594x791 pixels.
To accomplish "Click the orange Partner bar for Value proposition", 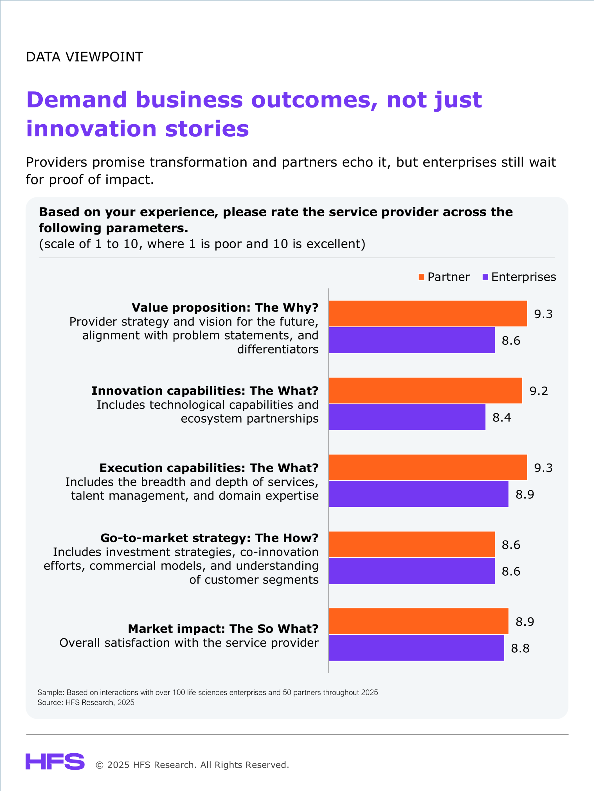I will pos(428,314).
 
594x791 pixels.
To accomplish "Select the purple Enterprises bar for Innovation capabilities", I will pos(407,417).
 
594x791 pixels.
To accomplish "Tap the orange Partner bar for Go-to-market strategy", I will pos(412,544).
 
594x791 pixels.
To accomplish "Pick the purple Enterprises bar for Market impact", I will pos(416,648).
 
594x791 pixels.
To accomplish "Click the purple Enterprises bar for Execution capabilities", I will pos(419,494).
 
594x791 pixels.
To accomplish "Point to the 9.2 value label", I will pos(539,391).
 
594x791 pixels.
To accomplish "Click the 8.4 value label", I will pos(501,417).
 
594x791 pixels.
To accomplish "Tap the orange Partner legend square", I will pos(421,277).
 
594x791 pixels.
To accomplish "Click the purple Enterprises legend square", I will pos(485,277).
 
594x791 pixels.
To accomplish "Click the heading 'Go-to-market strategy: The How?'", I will pos(209,538).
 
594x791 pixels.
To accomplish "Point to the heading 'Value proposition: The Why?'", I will pos(225,307).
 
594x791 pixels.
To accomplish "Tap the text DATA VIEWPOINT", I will pos(84,57).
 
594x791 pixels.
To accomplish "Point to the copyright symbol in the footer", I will pos(100,765).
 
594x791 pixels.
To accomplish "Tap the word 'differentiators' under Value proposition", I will pos(278,349).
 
